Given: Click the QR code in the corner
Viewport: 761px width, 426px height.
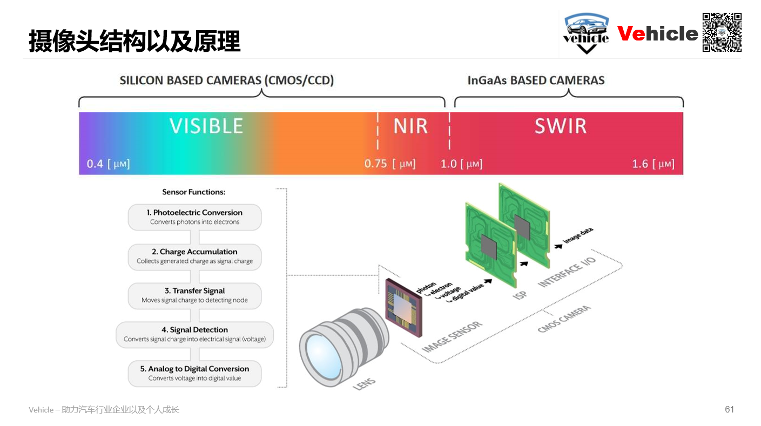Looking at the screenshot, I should click(722, 32).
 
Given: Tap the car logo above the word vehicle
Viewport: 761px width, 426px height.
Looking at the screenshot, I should click(587, 25).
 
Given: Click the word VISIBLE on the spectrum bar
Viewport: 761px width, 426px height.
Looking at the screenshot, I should click(206, 126).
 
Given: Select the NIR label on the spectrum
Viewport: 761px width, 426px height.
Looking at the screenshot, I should click(410, 126).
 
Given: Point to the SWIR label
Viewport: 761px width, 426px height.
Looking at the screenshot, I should click(560, 126).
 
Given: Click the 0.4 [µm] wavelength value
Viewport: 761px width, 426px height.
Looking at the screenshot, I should click(108, 164).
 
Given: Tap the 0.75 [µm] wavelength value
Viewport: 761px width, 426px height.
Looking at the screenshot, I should click(389, 164).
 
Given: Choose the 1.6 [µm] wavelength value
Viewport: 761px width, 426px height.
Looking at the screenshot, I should click(653, 164).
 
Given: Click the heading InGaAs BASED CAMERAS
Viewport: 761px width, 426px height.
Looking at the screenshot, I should click(536, 81).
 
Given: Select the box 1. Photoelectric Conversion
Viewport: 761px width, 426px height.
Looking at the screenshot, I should click(194, 217).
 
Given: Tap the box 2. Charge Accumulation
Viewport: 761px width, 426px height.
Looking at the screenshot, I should click(194, 256).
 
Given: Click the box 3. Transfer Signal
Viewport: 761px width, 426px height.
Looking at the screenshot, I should click(194, 295).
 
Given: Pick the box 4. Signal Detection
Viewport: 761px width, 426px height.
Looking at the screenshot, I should click(194, 335).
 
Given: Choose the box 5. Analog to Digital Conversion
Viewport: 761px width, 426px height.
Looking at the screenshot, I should click(194, 374).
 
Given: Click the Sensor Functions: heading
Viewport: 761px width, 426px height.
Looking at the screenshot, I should click(193, 192).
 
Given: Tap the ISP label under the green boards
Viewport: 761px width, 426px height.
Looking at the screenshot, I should click(520, 295).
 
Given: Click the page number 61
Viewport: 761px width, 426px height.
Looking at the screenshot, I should click(729, 409).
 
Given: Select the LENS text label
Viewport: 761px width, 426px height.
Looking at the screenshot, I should click(363, 384).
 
